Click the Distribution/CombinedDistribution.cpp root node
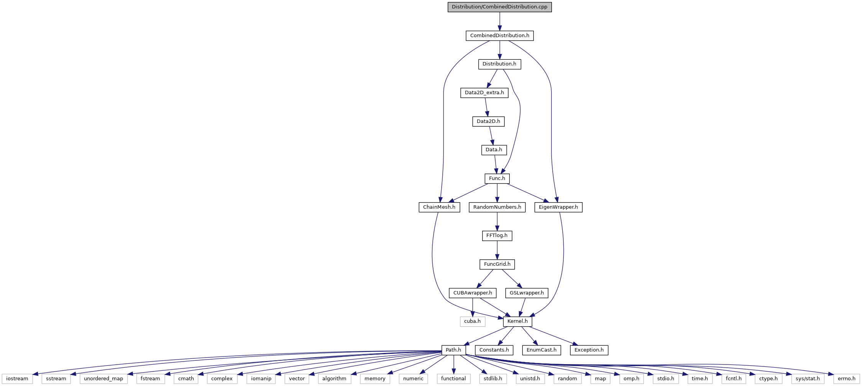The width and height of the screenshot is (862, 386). point(499,7)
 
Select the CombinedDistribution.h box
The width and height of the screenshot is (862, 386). point(499,36)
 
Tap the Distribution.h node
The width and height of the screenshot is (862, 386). point(499,64)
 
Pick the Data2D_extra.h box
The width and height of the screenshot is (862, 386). point(484,93)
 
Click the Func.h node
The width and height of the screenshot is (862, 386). point(497,178)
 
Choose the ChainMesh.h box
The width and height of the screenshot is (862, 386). point(439,207)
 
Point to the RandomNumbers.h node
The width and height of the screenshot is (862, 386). point(497,207)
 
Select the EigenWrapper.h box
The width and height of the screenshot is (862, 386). point(558,207)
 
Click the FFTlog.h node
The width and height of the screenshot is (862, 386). point(497,236)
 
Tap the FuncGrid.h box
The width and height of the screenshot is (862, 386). point(497,264)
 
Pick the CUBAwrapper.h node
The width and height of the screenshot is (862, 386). point(473,293)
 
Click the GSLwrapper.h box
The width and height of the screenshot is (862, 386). point(527,293)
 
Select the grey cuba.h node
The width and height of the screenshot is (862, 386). point(473,321)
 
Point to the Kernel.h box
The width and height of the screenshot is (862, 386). point(517,321)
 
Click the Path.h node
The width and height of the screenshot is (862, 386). point(453,350)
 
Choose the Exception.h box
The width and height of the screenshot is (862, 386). point(589,350)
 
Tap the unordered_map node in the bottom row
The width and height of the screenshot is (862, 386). point(103,379)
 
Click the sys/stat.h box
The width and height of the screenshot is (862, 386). point(808,379)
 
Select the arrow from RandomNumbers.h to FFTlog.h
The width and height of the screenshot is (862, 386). point(497,222)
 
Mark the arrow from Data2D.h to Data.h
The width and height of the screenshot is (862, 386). point(491,136)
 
